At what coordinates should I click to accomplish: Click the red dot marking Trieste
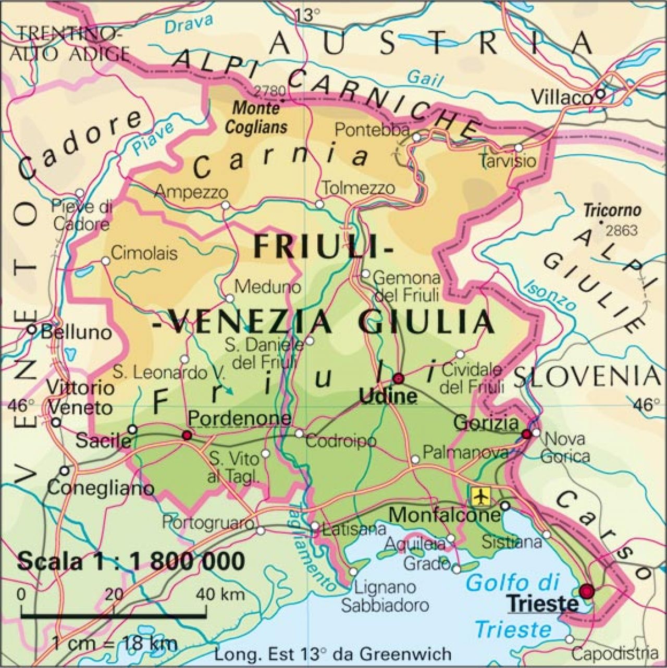click(x=587, y=591)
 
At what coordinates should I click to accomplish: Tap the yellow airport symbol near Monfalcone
click(x=480, y=496)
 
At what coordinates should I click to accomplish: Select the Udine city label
click(x=388, y=397)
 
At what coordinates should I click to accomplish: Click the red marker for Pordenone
click(x=187, y=435)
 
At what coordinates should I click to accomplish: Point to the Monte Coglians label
click(x=256, y=118)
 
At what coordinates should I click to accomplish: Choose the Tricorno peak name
click(x=612, y=211)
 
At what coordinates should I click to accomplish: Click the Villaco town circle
click(x=600, y=94)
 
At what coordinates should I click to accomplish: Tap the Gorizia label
click(x=486, y=423)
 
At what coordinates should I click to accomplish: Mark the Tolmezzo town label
click(x=358, y=188)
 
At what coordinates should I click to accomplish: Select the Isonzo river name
click(x=550, y=294)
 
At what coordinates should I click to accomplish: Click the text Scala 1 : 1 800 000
click(x=131, y=562)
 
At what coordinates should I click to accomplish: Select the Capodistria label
click(x=614, y=653)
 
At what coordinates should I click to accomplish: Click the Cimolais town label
click(x=144, y=253)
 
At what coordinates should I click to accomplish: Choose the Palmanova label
click(x=465, y=452)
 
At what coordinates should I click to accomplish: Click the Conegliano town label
click(x=101, y=488)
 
